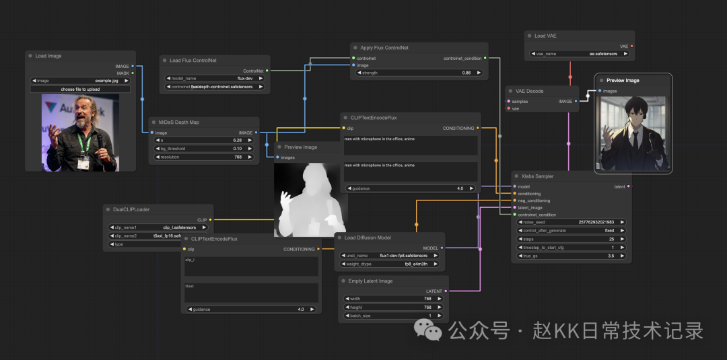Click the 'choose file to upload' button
click(x=80, y=89)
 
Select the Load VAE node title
click(x=545, y=36)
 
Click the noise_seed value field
click(x=572, y=221)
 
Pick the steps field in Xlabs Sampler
click(x=572, y=239)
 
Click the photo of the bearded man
click(x=80, y=132)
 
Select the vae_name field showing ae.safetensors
click(x=578, y=54)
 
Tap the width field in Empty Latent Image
click(x=393, y=299)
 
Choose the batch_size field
click(x=393, y=316)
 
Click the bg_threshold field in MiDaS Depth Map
click(x=204, y=149)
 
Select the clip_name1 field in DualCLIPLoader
click(x=158, y=227)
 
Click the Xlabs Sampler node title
click(x=537, y=176)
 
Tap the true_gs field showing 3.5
click(x=572, y=256)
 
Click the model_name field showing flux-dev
click(x=215, y=78)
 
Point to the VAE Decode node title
click(x=530, y=91)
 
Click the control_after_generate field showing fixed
click(x=572, y=230)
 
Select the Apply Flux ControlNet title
click(x=384, y=48)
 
